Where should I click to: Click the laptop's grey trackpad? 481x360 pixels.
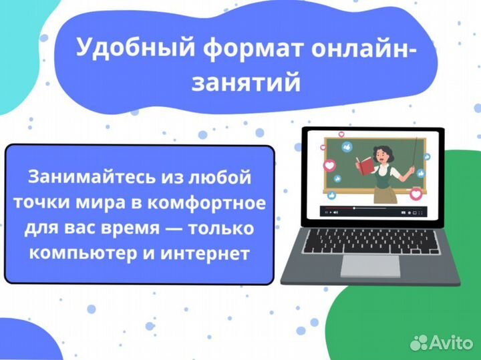pyautogui.click(x=370, y=265)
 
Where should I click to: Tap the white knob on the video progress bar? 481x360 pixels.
pyautogui.click(x=353, y=209)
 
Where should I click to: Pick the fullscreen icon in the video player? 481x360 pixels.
pyautogui.click(x=422, y=212)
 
